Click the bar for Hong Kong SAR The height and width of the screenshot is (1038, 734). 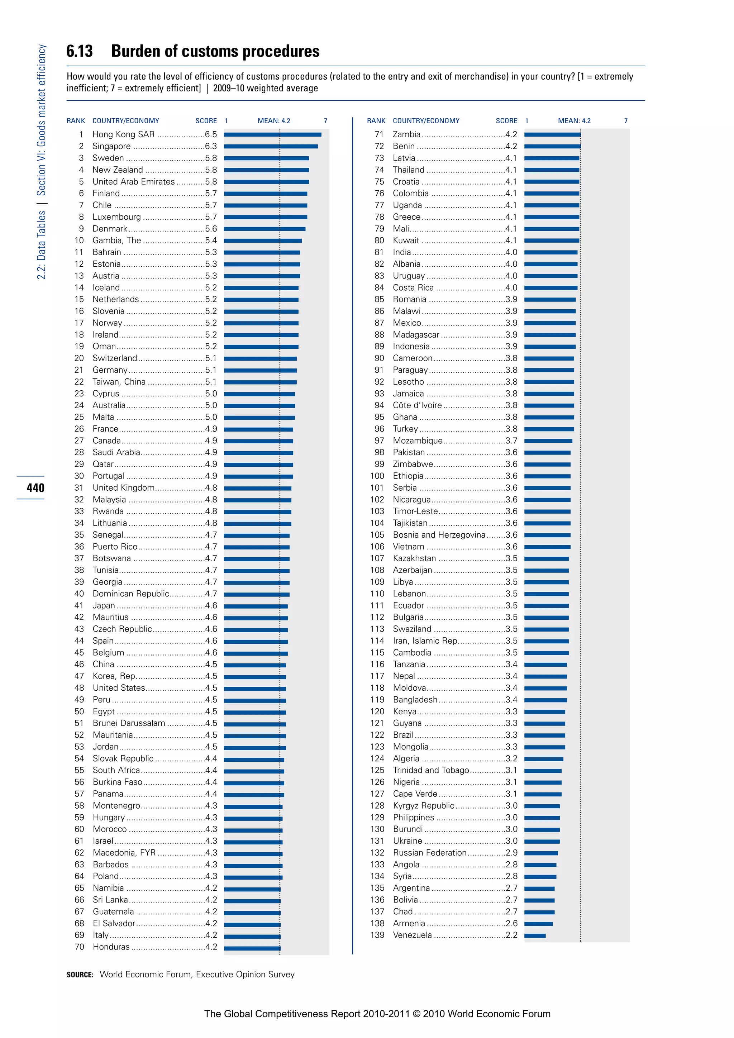(272, 134)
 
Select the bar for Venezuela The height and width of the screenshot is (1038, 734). (535, 935)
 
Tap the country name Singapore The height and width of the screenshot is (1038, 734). (111, 146)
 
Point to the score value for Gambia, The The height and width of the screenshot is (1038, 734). (211, 240)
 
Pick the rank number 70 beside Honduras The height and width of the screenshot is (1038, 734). (79, 947)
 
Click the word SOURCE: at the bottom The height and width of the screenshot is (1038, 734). (80, 975)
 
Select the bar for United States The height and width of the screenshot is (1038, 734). (255, 689)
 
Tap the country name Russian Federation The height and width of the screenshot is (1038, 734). (429, 853)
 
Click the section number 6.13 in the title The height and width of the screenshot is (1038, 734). (80, 51)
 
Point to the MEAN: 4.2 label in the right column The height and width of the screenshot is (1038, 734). (574, 121)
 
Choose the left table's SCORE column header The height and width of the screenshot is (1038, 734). (206, 121)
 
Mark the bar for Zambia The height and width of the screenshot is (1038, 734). (552, 134)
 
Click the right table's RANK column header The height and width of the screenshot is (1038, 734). (376, 121)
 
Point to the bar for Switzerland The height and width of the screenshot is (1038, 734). (260, 358)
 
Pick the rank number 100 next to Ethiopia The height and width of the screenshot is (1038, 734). (377, 476)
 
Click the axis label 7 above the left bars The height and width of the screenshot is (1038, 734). (325, 121)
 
